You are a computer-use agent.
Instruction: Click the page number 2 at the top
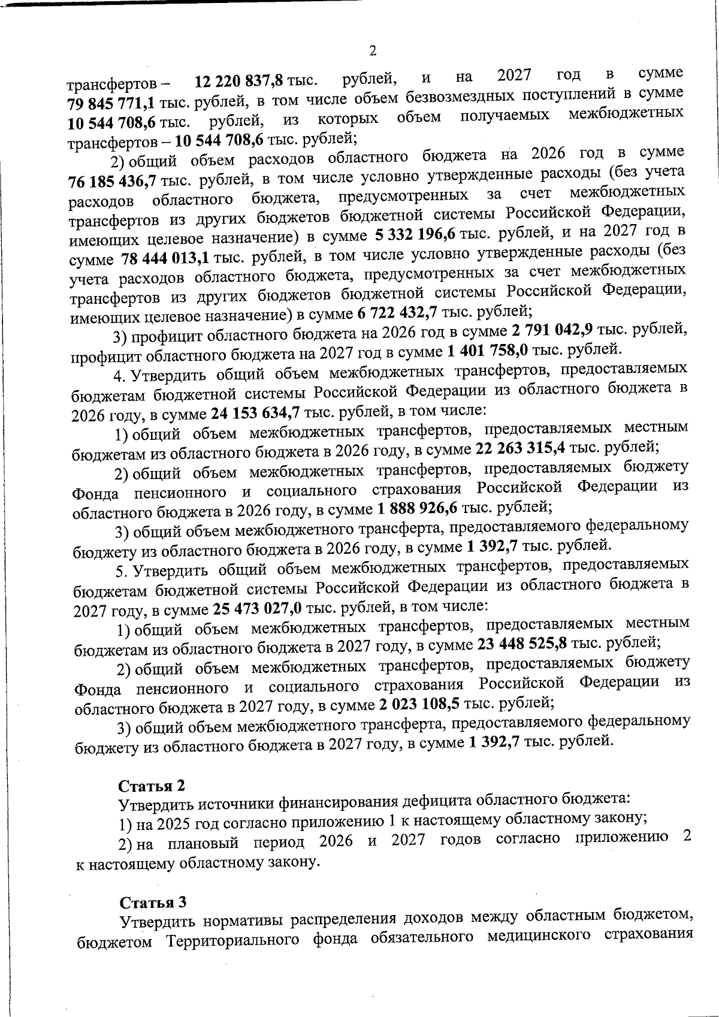point(372,51)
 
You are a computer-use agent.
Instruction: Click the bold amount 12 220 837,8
point(239,80)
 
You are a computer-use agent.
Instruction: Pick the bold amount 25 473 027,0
point(258,609)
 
